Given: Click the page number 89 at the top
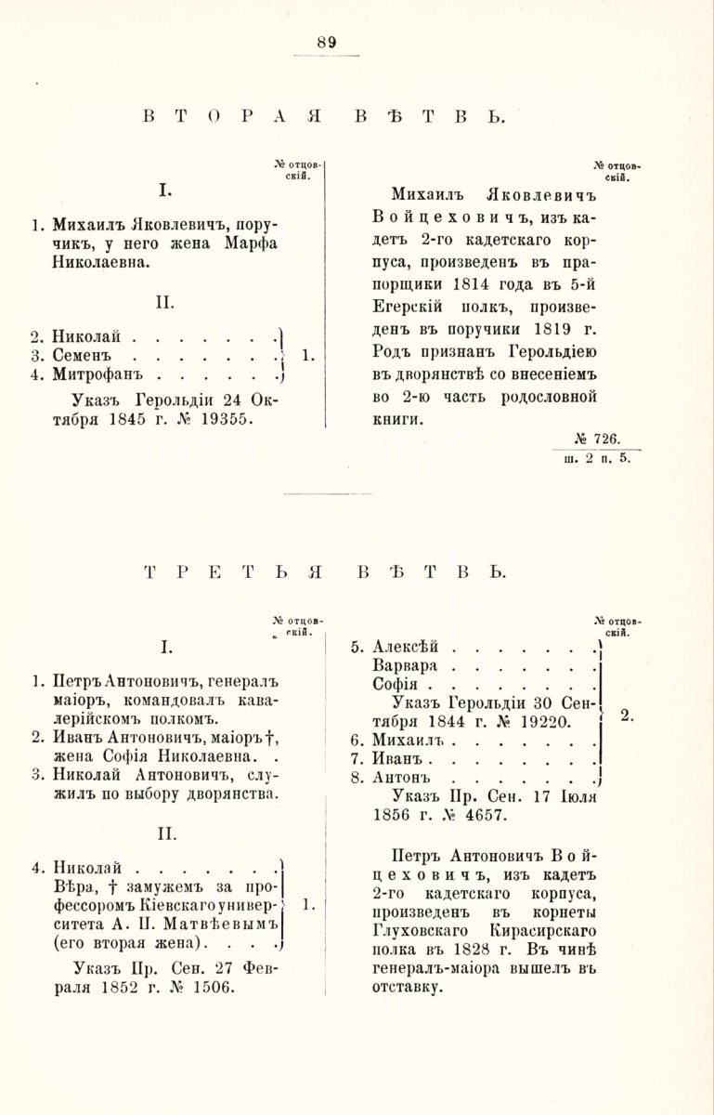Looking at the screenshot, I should pos(326,42).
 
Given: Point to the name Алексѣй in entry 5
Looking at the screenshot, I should pos(404,648).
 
